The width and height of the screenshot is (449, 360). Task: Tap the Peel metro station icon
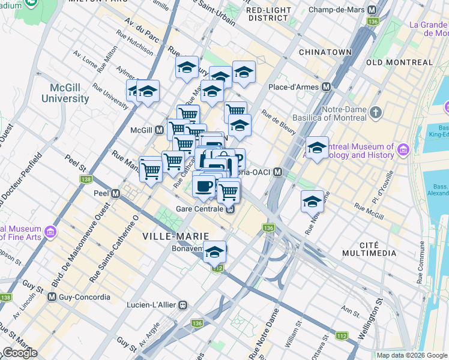click(115, 194)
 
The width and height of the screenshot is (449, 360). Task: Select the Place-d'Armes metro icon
click(327, 87)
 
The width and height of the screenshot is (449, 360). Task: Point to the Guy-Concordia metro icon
click(52, 297)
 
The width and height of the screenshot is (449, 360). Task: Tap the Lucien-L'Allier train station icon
click(182, 305)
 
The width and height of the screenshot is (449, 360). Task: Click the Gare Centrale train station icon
click(230, 209)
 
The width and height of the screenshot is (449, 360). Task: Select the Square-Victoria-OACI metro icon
click(278, 172)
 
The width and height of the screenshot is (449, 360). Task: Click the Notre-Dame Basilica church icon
click(376, 112)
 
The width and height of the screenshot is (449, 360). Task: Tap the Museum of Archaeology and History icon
click(402, 149)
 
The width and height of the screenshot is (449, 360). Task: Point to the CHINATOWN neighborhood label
click(325, 52)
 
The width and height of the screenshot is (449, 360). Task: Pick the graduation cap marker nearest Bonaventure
click(214, 252)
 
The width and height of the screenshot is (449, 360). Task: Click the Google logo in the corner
click(20, 353)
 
